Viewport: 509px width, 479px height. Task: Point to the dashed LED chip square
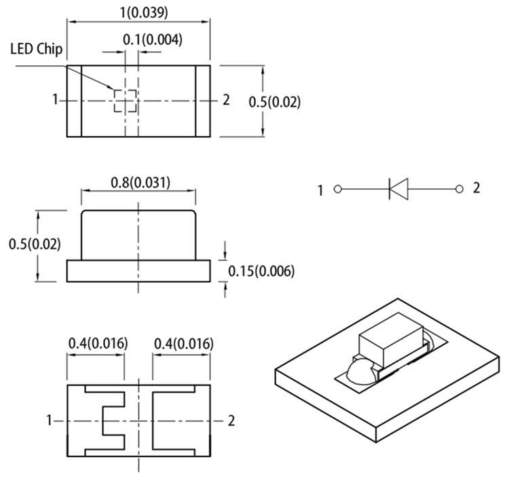(126, 101)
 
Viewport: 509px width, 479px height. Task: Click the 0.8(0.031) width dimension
(140, 182)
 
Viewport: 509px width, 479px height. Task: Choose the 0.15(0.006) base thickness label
(261, 271)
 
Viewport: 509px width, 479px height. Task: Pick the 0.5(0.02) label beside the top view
(274, 102)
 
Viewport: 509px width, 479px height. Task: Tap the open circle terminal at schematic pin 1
(337, 190)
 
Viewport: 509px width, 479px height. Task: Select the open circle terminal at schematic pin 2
(459, 188)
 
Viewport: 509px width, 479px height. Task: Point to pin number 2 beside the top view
(226, 101)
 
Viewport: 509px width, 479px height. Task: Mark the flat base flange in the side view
(139, 271)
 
